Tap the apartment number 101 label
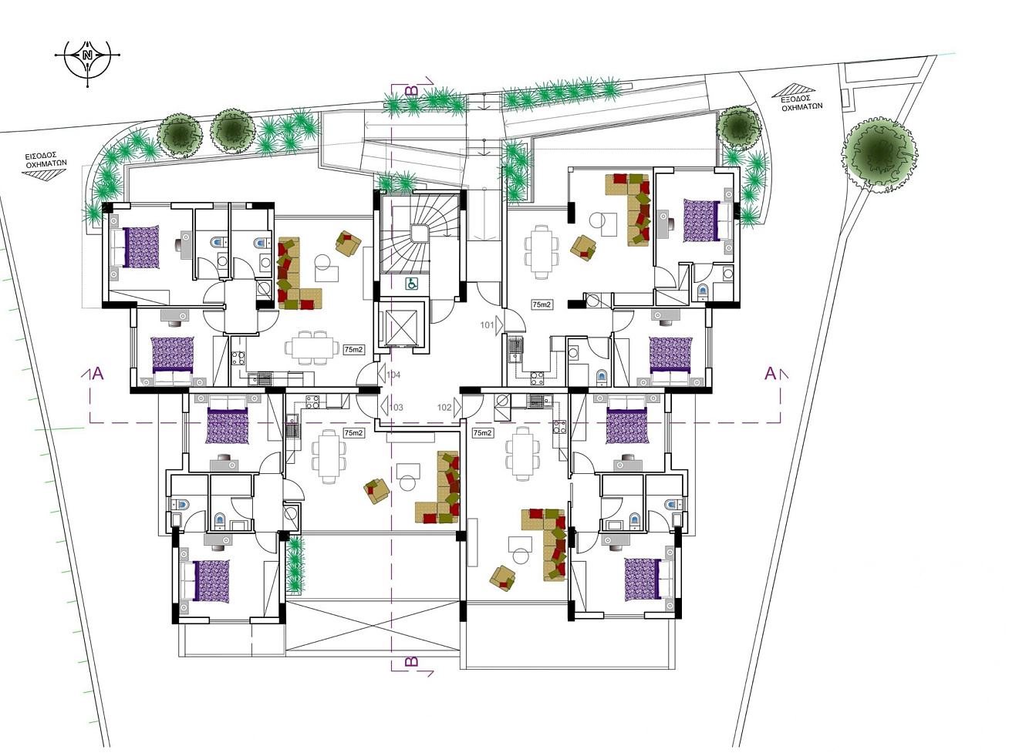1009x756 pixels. [487, 325]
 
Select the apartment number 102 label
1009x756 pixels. [444, 407]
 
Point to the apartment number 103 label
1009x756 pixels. [397, 407]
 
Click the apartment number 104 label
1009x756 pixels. [393, 375]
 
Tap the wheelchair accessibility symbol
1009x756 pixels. [411, 284]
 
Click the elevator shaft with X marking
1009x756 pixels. [402, 326]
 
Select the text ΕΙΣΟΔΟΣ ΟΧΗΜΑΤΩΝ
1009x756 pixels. [46, 160]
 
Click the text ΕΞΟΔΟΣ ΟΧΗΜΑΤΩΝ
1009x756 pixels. [802, 102]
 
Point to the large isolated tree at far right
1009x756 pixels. [879, 154]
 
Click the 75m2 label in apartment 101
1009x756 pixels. [542, 304]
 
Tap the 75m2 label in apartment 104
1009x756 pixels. [353, 349]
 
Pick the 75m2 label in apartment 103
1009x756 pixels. [354, 433]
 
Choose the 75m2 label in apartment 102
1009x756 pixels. [482, 433]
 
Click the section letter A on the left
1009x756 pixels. [99, 374]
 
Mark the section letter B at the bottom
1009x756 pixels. [411, 661]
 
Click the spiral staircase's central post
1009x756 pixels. [419, 233]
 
